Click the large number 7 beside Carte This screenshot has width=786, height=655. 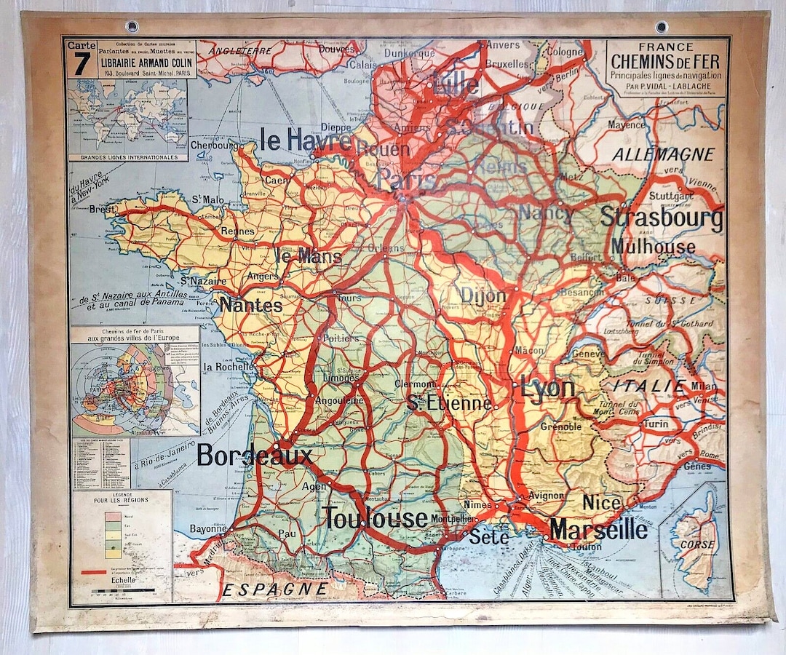81,63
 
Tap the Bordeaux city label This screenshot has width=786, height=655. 254,456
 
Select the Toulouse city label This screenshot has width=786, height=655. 375,518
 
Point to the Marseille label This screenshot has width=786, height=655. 598,530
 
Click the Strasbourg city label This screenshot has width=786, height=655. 661,218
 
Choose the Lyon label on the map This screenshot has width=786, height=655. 547,388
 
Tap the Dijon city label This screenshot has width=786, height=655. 483,295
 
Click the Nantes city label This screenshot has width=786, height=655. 251,305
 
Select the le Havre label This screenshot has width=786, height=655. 306,140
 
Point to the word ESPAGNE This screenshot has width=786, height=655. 275,589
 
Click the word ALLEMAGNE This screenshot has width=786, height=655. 663,154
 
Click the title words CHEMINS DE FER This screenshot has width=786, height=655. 666,61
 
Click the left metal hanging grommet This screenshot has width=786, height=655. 132,26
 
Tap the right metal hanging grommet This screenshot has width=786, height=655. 661,27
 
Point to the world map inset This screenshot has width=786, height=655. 127,116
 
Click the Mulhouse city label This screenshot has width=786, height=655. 653,247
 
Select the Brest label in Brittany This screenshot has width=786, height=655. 102,209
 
